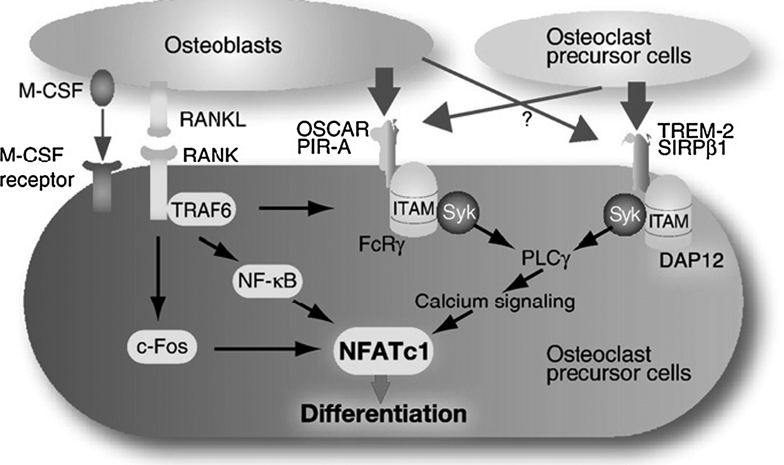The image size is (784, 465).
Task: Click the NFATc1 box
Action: (x=384, y=351)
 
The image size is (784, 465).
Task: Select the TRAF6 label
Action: (x=201, y=209)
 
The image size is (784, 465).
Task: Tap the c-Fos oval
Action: (x=162, y=347)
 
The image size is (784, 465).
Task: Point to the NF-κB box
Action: (x=267, y=281)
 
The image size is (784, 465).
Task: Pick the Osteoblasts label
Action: (x=223, y=45)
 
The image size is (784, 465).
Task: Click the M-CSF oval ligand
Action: (x=102, y=88)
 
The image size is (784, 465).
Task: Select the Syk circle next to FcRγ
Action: (x=459, y=213)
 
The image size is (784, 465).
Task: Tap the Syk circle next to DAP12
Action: (x=625, y=215)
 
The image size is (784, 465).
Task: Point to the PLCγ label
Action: (x=546, y=259)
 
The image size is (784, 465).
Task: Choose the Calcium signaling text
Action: (x=494, y=302)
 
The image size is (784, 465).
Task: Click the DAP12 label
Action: (x=691, y=260)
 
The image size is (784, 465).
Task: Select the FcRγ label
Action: (x=382, y=245)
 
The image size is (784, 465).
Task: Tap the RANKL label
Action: (x=212, y=119)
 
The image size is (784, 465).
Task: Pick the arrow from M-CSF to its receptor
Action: (x=103, y=134)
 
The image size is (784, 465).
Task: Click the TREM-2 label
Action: (x=695, y=130)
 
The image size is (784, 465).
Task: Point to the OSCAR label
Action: (x=332, y=129)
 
